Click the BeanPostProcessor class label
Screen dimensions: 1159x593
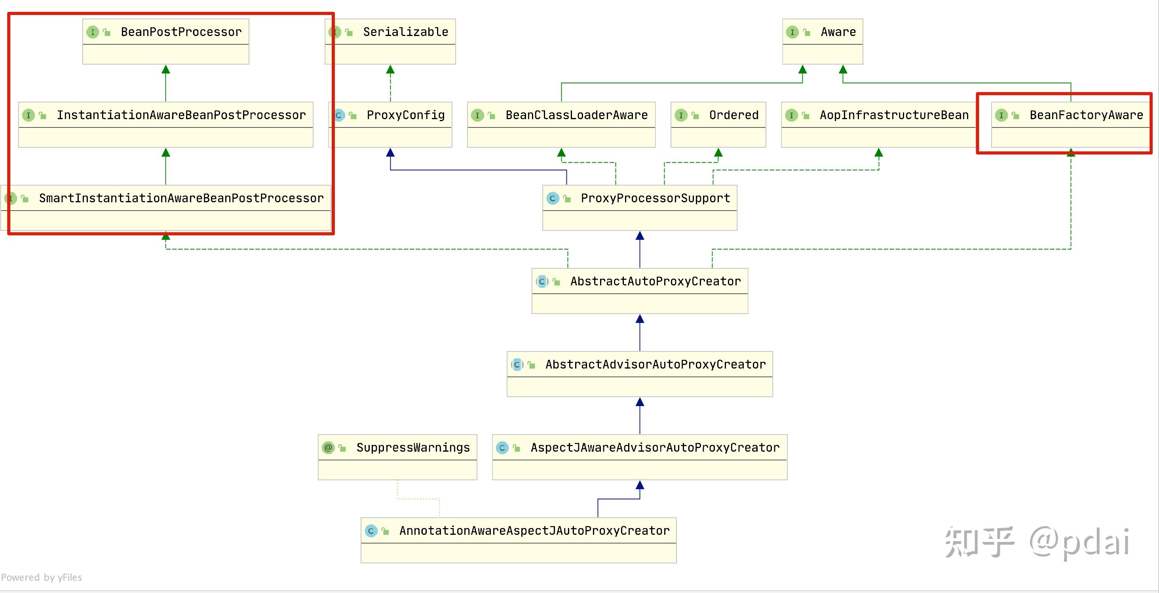pyautogui.click(x=181, y=32)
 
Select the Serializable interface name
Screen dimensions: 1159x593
pyautogui.click(x=405, y=32)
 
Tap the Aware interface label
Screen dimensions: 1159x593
pyautogui.click(x=838, y=32)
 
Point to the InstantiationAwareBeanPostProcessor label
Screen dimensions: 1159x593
pyautogui.click(x=181, y=115)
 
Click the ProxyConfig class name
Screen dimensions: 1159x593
pyautogui.click(x=405, y=115)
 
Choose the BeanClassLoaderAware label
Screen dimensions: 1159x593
pyautogui.click(x=576, y=115)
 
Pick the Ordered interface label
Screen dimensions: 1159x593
pyautogui.click(x=734, y=115)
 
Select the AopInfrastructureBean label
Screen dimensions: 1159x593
pyautogui.click(x=894, y=115)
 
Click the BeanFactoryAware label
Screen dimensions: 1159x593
pyautogui.click(x=1086, y=115)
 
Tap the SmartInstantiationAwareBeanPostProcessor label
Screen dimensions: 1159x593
pyautogui.click(x=181, y=198)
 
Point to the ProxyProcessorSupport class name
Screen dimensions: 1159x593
pyautogui.click(x=655, y=198)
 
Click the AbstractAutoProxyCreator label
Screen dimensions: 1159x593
pyautogui.click(x=655, y=281)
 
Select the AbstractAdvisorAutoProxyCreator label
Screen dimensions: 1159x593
pyautogui.click(x=655, y=365)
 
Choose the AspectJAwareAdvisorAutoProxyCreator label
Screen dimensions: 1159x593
pyautogui.click(x=655, y=448)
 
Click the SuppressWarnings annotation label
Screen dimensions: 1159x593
pyautogui.click(x=412, y=448)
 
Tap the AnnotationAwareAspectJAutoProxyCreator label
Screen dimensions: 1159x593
pyautogui.click(x=534, y=531)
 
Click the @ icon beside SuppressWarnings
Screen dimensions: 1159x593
pyautogui.click(x=329, y=448)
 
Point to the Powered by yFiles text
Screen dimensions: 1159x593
pyautogui.click(x=42, y=577)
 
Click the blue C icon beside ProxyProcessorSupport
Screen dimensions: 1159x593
pyautogui.click(x=553, y=198)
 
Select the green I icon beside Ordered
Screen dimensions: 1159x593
pyautogui.click(x=681, y=115)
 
